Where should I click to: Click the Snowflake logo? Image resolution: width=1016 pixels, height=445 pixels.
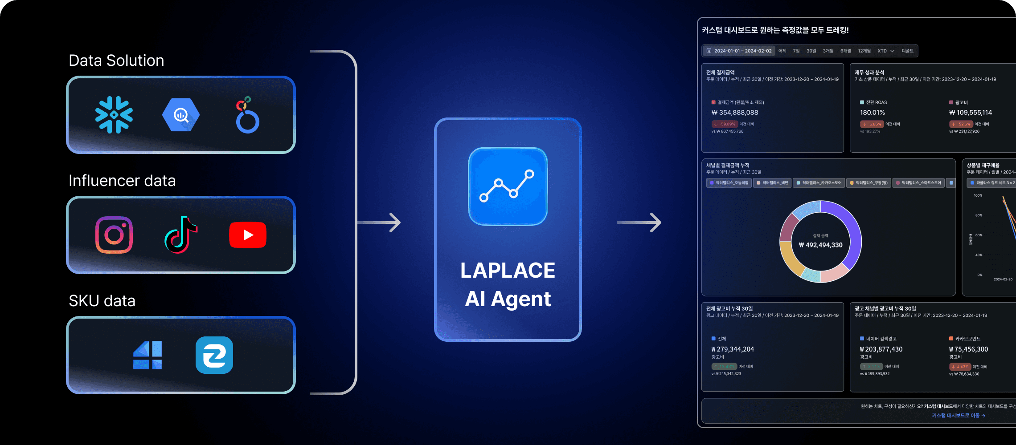click(x=114, y=115)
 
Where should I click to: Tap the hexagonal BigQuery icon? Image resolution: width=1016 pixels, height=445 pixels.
click(x=181, y=115)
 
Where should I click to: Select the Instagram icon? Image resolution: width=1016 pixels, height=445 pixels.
click(x=114, y=235)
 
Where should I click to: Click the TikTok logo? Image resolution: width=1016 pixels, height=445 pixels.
click(x=181, y=235)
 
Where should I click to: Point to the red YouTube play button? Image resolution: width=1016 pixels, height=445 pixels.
click(x=248, y=235)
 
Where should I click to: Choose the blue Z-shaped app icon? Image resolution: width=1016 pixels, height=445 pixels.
click(x=214, y=355)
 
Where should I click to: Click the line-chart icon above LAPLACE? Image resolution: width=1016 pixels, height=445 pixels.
click(x=508, y=186)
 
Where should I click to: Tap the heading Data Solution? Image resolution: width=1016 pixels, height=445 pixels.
click(x=116, y=61)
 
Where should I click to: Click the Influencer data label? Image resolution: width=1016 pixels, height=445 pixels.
click(x=122, y=181)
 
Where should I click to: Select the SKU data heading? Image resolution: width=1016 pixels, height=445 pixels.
click(x=102, y=301)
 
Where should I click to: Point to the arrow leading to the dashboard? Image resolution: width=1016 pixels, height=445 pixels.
click(x=639, y=222)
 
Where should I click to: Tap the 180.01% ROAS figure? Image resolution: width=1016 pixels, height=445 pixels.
click(x=873, y=113)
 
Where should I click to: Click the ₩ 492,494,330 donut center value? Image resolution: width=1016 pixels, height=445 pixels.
click(x=821, y=245)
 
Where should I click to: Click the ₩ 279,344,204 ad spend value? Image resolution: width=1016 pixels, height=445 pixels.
click(x=733, y=349)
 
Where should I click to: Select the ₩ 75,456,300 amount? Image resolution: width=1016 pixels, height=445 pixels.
click(x=969, y=349)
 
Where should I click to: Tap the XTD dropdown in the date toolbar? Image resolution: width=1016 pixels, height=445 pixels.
click(x=886, y=51)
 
